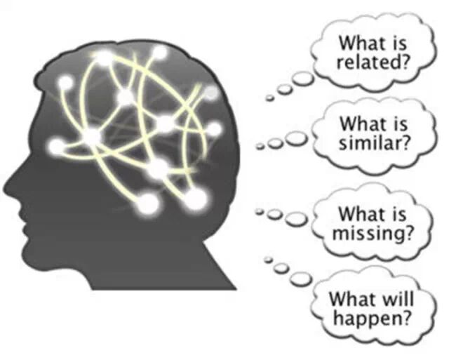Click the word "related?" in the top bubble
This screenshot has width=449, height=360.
pos(373,62)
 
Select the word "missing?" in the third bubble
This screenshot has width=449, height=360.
pos(373,232)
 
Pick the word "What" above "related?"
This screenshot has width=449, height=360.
pos(356,43)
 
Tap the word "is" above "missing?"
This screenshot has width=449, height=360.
pos(397,213)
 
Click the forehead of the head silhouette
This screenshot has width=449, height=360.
pos(49,105)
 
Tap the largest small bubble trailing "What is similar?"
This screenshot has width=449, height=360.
pos(297,138)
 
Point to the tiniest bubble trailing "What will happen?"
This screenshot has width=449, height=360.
pos(267,260)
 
